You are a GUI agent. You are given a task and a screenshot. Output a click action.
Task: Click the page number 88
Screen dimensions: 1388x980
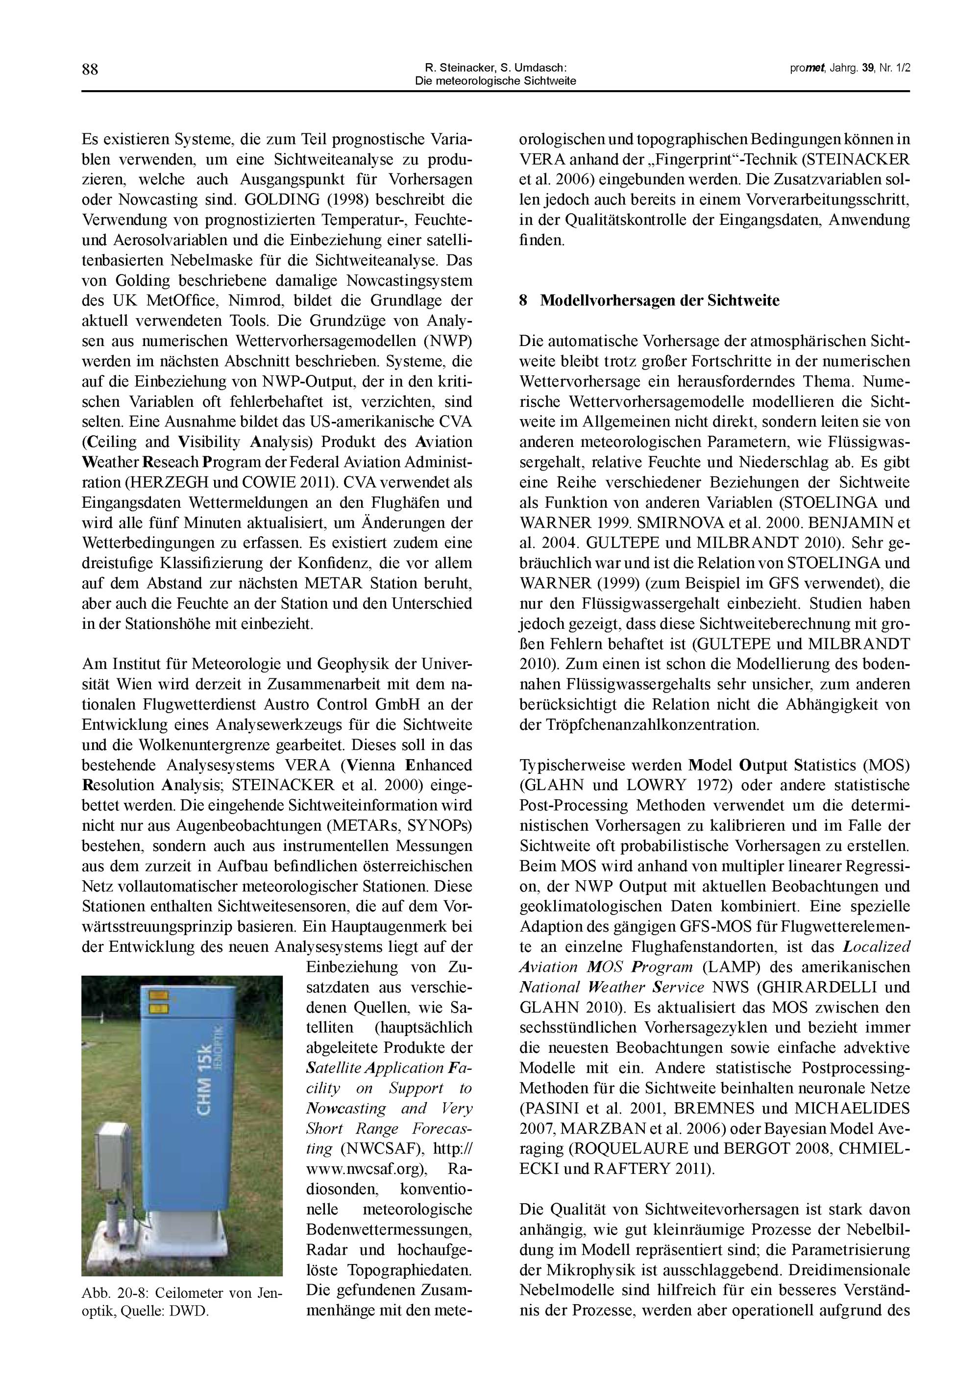pyautogui.click(x=90, y=70)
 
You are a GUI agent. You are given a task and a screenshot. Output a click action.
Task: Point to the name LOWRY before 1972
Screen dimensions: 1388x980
pyautogui.click(x=657, y=785)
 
